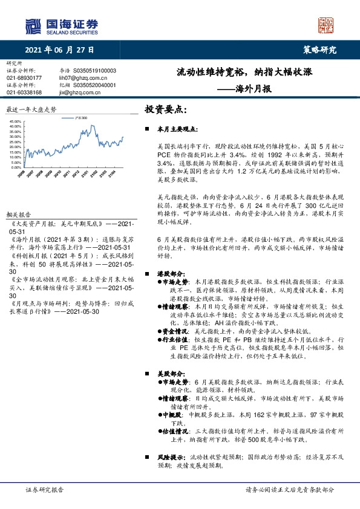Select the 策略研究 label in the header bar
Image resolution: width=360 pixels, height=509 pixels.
(319, 50)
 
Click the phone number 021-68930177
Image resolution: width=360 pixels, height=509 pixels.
(24, 78)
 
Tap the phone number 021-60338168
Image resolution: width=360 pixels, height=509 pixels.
(24, 92)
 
